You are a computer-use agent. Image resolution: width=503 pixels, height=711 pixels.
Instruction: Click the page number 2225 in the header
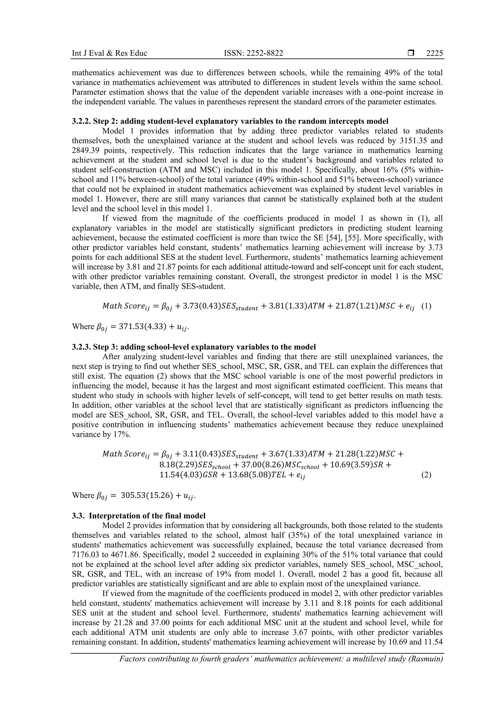(x=434, y=53)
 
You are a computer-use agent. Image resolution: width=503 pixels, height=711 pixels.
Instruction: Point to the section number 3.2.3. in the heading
(x=81, y=347)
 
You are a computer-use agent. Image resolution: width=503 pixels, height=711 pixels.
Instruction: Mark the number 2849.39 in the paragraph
(x=88, y=150)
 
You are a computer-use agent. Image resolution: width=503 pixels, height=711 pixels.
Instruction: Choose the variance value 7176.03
(x=87, y=555)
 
